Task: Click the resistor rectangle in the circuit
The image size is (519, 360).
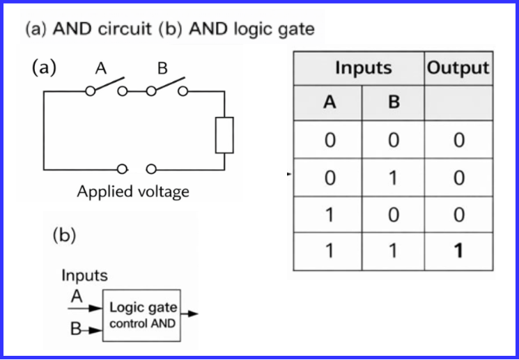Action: coord(224,135)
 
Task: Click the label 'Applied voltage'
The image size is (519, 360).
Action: coord(132,191)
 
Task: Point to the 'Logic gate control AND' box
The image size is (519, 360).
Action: coord(143,314)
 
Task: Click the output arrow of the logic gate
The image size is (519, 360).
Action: coord(190,314)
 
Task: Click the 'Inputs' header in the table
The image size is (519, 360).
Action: coord(363,68)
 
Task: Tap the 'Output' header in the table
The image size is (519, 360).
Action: coord(458,68)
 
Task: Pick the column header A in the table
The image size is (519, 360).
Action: coord(330,102)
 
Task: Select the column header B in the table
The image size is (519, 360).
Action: coord(394,102)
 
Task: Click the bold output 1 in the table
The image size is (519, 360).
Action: coord(458,251)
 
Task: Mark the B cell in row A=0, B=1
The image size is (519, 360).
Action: coord(394,178)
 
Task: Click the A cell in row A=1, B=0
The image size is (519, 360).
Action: coord(330,214)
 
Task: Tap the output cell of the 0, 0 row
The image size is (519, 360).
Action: coord(458,141)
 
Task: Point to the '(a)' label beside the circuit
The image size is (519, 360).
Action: coord(45,68)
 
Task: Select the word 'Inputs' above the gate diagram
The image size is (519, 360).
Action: coord(84,275)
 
